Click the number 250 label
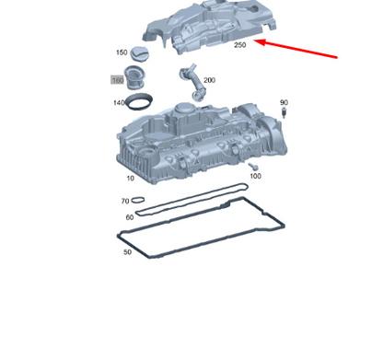[239, 44]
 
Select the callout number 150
[122, 52]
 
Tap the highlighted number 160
[118, 80]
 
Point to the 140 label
[119, 102]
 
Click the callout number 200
[209, 80]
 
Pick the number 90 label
[284, 102]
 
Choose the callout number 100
[255, 175]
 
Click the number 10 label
[130, 178]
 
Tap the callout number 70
[125, 201]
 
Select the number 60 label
[129, 217]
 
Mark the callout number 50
[127, 250]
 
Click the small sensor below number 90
[284, 113]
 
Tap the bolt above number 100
[250, 166]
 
